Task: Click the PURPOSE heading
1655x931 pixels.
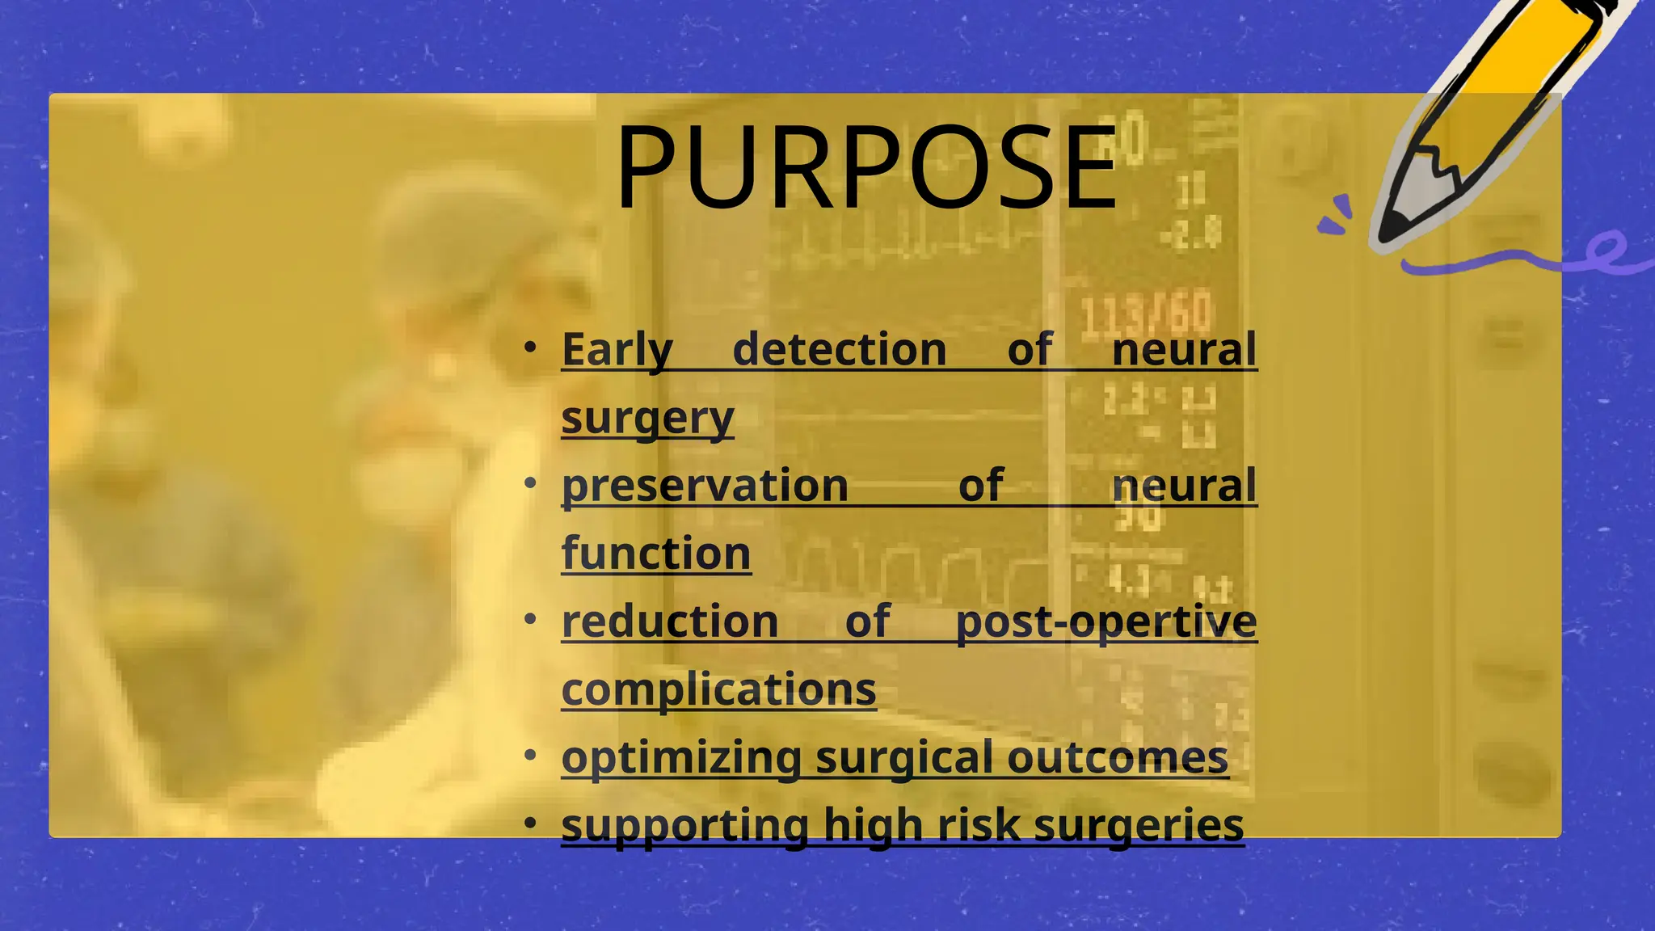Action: coord(866,168)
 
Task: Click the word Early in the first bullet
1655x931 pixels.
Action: coord(617,350)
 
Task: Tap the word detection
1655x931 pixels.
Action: coord(839,350)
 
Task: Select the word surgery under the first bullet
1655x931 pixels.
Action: coord(647,419)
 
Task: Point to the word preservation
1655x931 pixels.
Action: coord(705,486)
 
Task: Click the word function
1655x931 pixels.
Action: coord(655,554)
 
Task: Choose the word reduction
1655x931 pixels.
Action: coord(670,621)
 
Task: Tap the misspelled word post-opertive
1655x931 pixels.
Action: coord(1105,621)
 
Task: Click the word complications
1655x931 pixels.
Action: coord(718,690)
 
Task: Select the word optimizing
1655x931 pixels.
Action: coord(681,758)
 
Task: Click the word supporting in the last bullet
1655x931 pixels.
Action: coord(684,826)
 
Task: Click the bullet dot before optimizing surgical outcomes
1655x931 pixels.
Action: coord(530,756)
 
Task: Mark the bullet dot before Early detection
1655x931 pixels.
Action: coord(530,348)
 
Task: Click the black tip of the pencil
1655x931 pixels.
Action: coord(1392,228)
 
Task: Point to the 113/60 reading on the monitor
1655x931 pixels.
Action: coord(1146,314)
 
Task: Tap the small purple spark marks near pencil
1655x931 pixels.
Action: coord(1336,215)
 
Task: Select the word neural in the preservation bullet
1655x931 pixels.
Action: coord(1184,486)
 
